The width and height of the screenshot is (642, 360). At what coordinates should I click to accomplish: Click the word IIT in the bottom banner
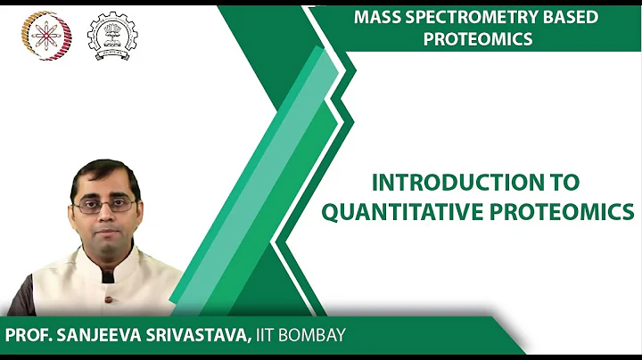point(274,336)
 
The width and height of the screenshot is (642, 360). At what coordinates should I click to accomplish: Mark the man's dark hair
point(104,172)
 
